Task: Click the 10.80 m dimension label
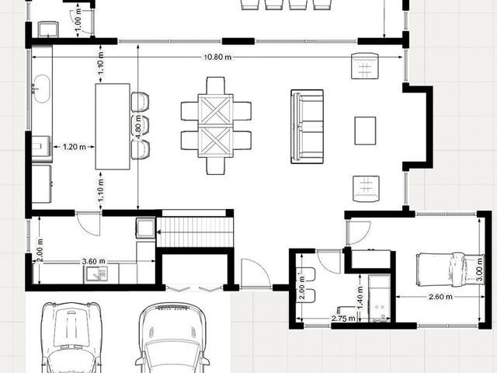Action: (x=217, y=58)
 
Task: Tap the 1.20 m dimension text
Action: (x=75, y=147)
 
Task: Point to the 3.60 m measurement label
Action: (x=93, y=261)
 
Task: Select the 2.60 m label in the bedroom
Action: (x=440, y=297)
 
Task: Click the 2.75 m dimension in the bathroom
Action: (x=343, y=318)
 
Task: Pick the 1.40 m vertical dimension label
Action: (x=360, y=298)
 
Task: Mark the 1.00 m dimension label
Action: (x=78, y=20)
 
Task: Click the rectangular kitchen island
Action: (x=113, y=127)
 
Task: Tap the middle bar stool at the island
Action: (x=141, y=126)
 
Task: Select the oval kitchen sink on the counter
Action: (x=41, y=89)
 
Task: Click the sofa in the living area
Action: (x=308, y=127)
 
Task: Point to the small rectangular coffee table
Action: (x=365, y=131)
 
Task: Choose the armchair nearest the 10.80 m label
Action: (x=365, y=66)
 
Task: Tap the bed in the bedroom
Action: (x=450, y=270)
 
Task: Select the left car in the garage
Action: (x=71, y=337)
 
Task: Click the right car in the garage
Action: (x=172, y=338)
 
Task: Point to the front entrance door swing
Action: (x=255, y=274)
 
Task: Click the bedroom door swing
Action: (x=359, y=233)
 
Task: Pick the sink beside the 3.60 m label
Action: (x=96, y=274)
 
